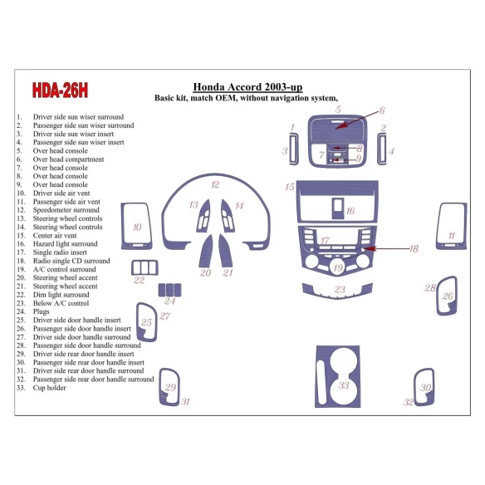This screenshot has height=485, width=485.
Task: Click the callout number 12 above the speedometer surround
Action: (x=214, y=184)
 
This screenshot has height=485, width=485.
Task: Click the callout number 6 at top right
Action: (x=382, y=110)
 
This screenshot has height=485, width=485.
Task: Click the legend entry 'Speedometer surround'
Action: (x=66, y=210)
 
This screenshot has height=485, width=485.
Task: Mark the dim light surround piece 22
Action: (x=144, y=267)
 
